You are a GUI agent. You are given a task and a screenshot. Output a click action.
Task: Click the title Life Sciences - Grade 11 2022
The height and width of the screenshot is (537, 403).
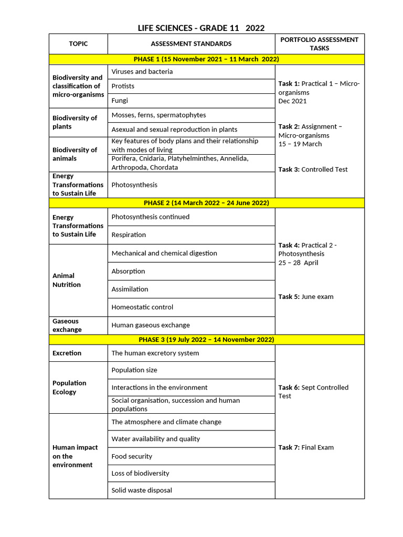pyautogui.click(x=201, y=28)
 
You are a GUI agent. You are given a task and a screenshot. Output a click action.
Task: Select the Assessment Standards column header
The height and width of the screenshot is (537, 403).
pyautogui.click(x=191, y=44)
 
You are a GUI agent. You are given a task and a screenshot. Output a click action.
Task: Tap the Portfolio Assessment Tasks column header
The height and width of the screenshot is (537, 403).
pyautogui.click(x=319, y=44)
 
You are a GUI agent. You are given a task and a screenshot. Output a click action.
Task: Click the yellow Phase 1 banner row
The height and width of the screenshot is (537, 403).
pyautogui.click(x=206, y=59)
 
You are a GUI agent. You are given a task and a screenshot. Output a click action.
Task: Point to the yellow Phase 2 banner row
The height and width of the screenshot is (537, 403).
pyautogui.click(x=206, y=203)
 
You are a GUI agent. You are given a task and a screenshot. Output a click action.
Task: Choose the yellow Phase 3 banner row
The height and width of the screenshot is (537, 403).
pyautogui.click(x=206, y=340)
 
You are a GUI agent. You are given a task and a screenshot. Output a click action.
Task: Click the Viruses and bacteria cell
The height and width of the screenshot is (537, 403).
pyautogui.click(x=142, y=72)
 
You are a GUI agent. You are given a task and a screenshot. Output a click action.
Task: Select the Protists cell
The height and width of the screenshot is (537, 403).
pyautogui.click(x=123, y=86)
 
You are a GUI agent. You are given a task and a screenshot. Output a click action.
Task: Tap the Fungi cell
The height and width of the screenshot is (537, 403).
pyautogui.click(x=120, y=101)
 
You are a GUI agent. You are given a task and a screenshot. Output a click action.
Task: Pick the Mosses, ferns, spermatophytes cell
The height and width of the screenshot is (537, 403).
pyautogui.click(x=159, y=115)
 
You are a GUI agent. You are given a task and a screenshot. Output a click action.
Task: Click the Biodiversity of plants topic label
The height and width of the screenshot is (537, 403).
pyautogui.click(x=75, y=122)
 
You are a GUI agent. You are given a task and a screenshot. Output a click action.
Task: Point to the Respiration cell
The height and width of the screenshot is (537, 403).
pyautogui.click(x=129, y=235)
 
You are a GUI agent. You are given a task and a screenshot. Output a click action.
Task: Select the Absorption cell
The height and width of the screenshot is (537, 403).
pyautogui.click(x=129, y=272)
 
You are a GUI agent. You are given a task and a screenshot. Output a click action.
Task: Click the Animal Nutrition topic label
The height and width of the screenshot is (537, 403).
pyautogui.click(x=67, y=280)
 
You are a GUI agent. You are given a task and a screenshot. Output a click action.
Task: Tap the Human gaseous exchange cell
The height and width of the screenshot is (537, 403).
pyautogui.click(x=151, y=326)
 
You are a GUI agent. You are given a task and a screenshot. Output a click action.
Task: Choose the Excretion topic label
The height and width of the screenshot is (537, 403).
pyautogui.click(x=67, y=353)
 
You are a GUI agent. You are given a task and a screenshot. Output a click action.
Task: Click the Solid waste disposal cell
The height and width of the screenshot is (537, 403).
pyautogui.click(x=142, y=491)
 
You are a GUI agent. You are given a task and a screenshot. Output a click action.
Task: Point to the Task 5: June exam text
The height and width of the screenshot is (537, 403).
pyautogui.click(x=306, y=297)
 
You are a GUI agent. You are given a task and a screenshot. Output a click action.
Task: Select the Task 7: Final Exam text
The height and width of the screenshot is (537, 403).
pyautogui.click(x=306, y=448)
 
